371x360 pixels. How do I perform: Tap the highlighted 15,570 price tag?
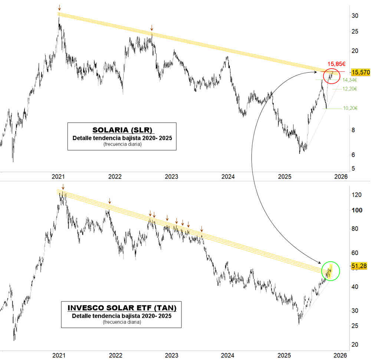pos(360,72)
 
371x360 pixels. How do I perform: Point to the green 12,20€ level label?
pos(349,89)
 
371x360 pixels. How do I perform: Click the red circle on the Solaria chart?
pos(331,76)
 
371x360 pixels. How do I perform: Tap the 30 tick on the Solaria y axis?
pos(355,16)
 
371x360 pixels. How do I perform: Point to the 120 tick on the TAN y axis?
pos(357,195)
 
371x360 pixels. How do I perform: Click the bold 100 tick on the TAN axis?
pos(357,210)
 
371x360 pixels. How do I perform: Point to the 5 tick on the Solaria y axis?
pos(353,168)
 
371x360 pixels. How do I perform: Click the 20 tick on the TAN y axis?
pos(355,344)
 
